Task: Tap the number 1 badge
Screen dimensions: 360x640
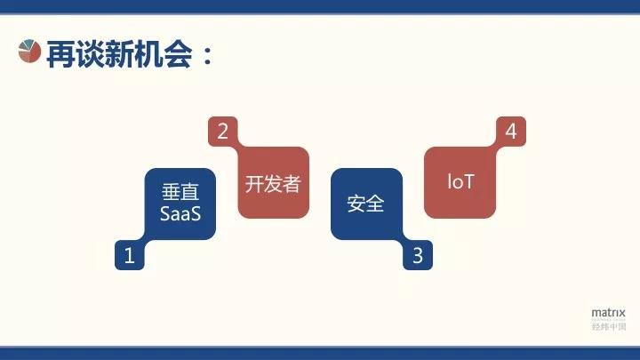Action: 130,256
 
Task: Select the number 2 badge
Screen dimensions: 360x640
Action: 222,132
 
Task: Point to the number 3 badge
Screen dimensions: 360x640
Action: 418,256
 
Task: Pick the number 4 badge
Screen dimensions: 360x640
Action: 510,132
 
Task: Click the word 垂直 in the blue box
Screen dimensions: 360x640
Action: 180,193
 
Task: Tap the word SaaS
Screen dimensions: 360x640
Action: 180,213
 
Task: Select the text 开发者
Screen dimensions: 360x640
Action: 273,184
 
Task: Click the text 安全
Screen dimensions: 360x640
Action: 365,204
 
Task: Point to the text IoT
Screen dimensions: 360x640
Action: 460,182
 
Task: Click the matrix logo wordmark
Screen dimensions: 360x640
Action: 609,313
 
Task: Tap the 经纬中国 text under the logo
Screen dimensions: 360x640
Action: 609,326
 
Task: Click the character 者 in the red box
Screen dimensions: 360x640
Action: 292,184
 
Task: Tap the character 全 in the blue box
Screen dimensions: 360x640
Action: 375,204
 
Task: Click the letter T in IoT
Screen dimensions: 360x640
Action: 469,182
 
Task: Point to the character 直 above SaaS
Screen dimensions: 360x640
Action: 190,193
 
